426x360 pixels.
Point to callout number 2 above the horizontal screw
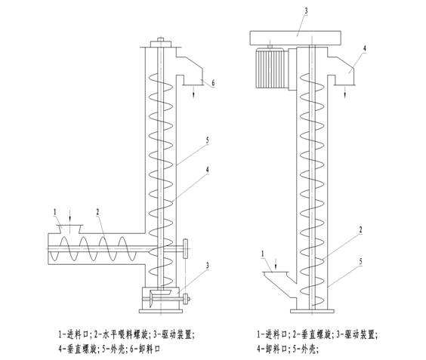click(97, 214)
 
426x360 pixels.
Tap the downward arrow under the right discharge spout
click(346, 92)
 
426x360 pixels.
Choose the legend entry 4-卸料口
click(279, 348)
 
